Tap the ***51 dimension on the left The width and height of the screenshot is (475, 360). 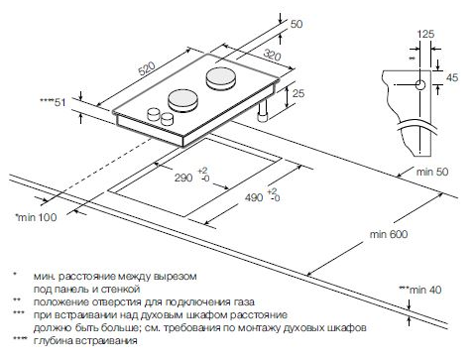point(52,101)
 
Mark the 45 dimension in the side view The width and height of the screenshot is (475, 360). point(453,76)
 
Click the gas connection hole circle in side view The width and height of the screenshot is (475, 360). point(421,85)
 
